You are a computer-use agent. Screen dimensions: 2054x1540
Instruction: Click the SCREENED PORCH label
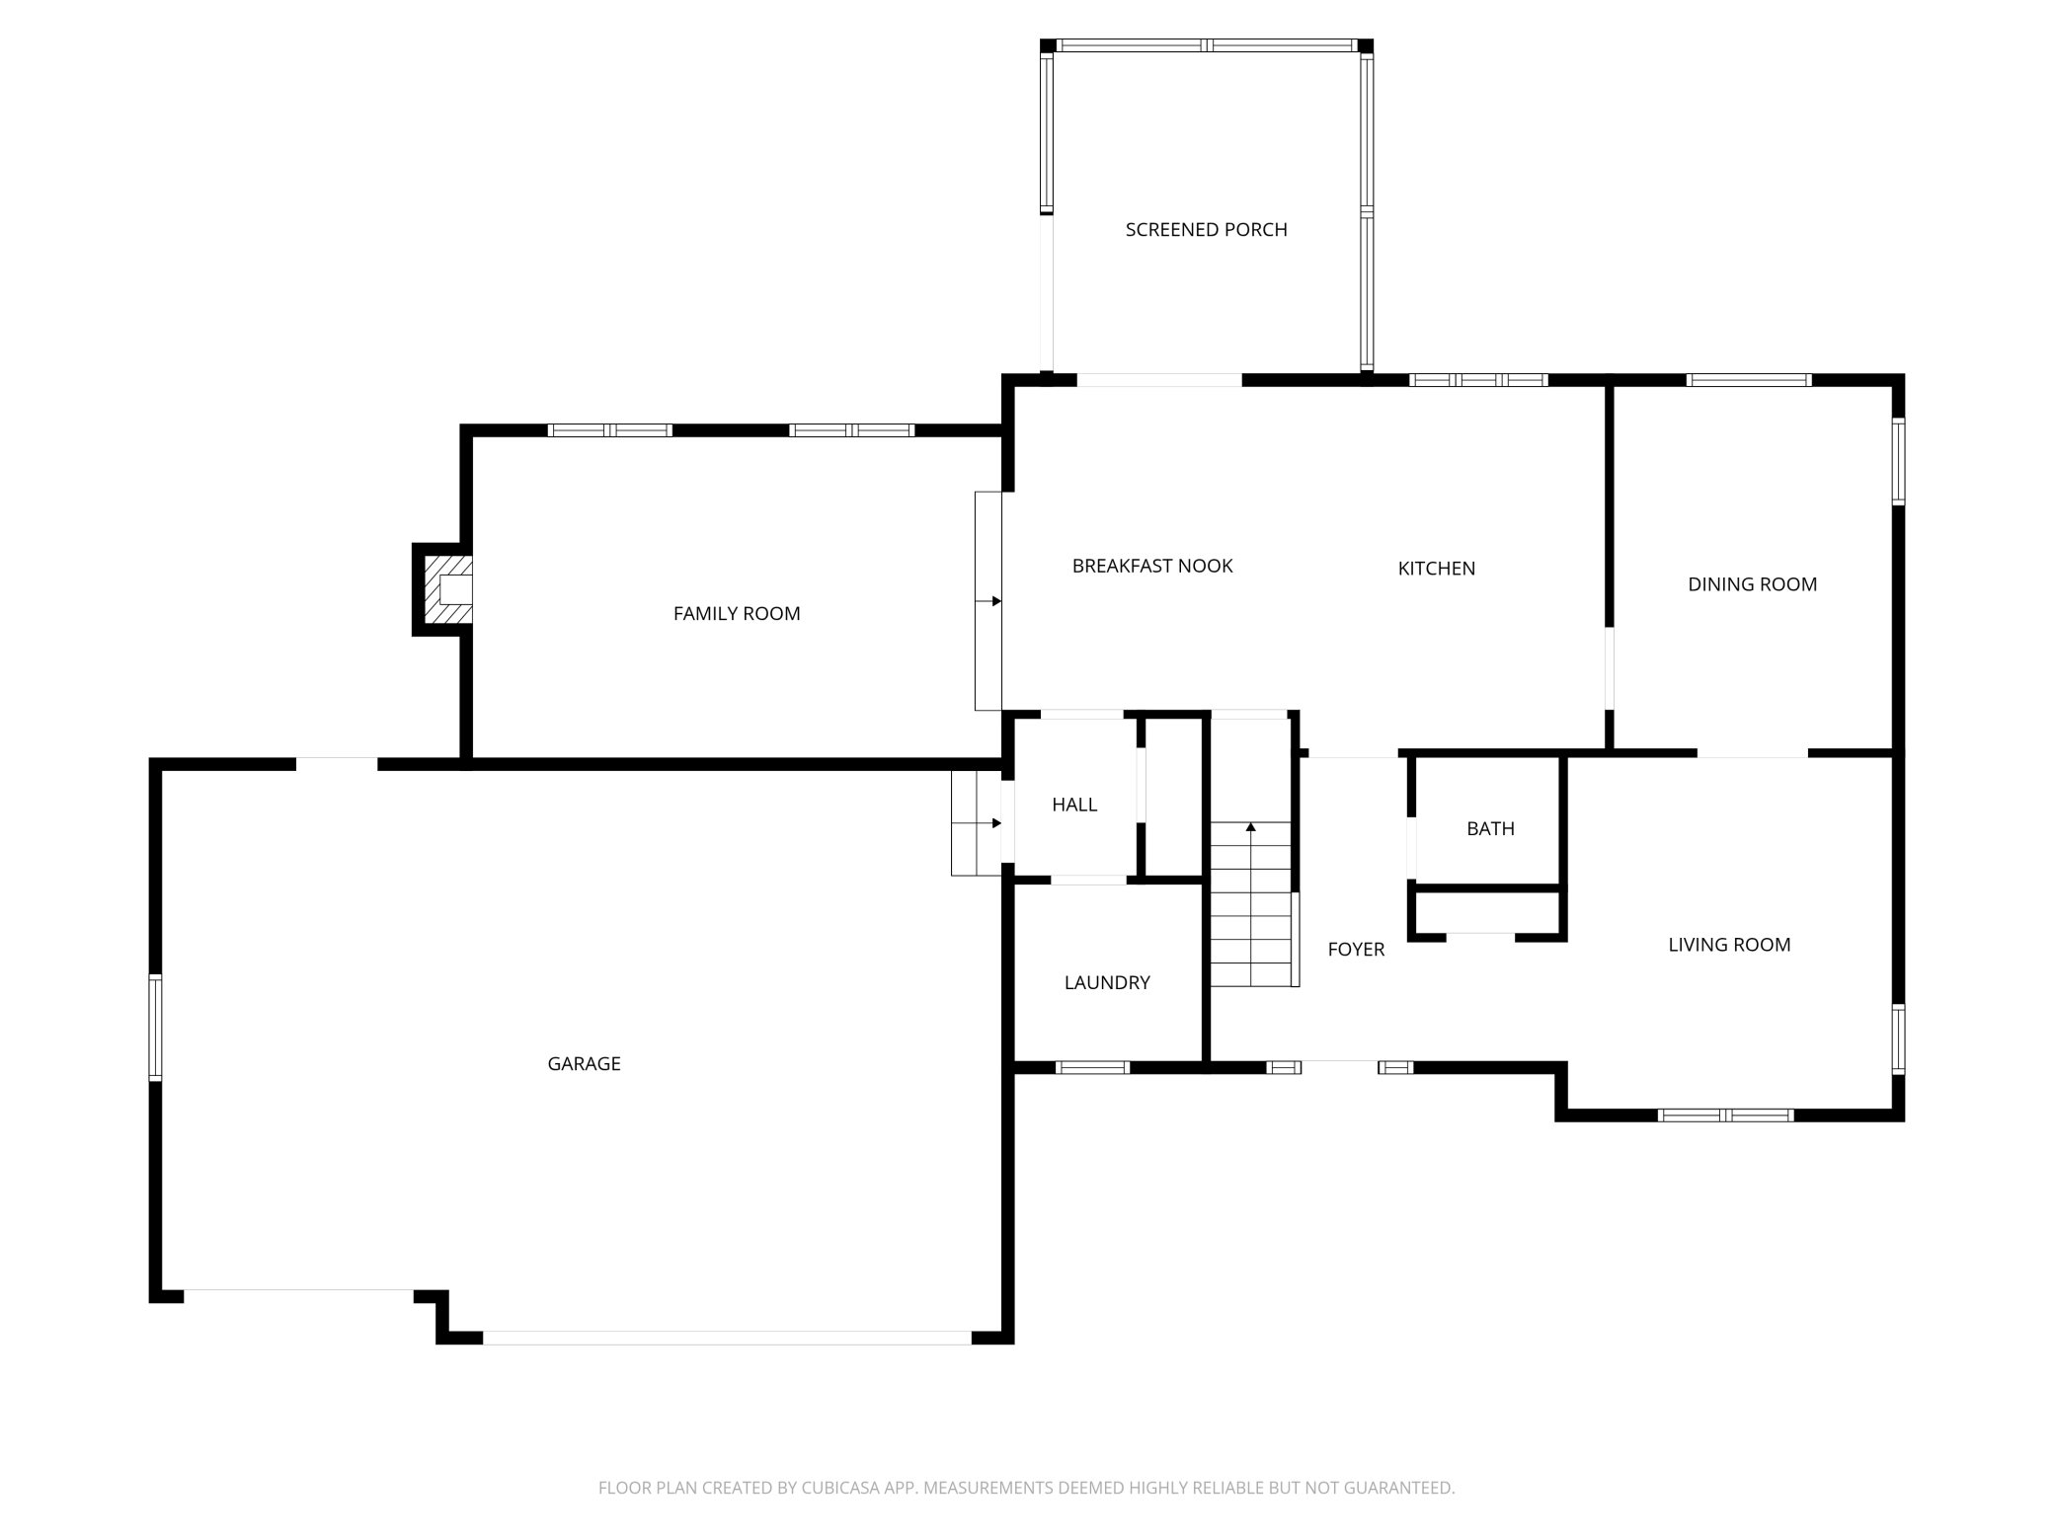(x=1206, y=230)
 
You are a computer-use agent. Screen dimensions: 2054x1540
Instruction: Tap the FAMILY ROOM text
(x=737, y=614)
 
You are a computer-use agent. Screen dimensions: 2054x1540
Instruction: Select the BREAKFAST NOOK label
(x=1152, y=566)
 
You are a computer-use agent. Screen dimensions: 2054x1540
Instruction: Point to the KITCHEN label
(x=1437, y=569)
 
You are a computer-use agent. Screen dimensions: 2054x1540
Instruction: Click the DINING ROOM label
(x=1753, y=584)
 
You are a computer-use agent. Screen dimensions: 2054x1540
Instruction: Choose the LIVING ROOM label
(x=1729, y=945)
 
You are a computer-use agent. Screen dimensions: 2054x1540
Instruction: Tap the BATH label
(x=1490, y=829)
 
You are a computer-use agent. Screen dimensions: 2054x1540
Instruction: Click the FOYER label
(x=1356, y=950)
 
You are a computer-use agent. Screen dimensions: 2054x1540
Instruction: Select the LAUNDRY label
(x=1107, y=983)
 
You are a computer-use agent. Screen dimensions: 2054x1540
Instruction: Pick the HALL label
(x=1074, y=805)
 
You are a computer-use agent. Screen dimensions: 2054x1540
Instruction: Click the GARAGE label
(x=584, y=1064)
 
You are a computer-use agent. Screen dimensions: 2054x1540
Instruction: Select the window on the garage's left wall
(x=155, y=1028)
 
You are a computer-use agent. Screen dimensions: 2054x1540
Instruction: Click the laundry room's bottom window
(x=1092, y=1067)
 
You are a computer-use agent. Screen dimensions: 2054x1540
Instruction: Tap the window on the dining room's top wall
(x=1749, y=380)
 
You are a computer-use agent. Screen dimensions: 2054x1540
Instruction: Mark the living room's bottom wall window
(x=1725, y=1116)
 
